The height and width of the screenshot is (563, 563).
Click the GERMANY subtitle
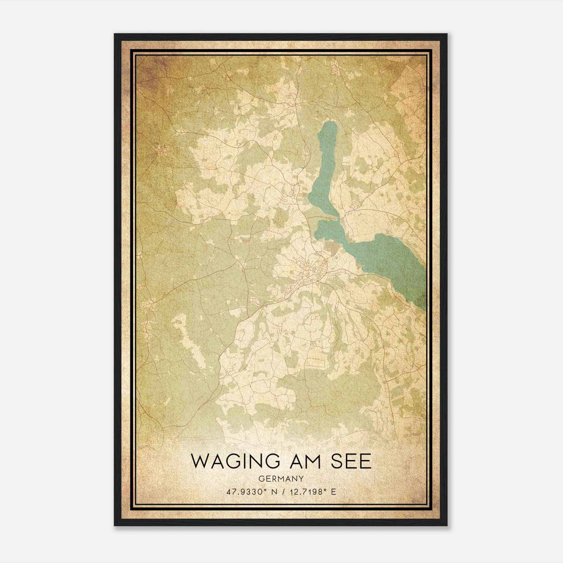click(281, 479)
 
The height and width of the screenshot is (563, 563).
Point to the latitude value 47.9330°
click(245, 492)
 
